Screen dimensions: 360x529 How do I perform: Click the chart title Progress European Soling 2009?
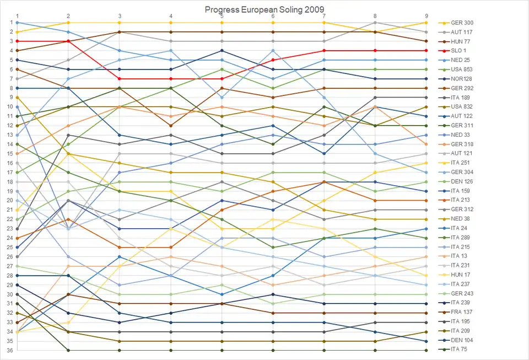(x=264, y=9)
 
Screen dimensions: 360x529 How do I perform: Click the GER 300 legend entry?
(x=462, y=23)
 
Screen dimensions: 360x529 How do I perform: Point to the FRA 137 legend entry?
(x=462, y=312)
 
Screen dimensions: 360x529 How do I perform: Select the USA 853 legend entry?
(x=462, y=69)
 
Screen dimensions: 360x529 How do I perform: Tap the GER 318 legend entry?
(x=462, y=144)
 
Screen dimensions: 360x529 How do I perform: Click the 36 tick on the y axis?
(x=10, y=351)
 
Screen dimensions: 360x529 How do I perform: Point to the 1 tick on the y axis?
(x=10, y=23)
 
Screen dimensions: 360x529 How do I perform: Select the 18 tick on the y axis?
(x=10, y=182)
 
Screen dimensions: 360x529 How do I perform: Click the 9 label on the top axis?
(x=427, y=16)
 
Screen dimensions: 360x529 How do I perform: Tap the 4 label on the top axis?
(x=171, y=16)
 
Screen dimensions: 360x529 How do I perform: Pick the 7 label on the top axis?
(x=324, y=16)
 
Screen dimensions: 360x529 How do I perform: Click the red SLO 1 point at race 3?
(x=120, y=79)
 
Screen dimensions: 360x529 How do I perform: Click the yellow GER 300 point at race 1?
(x=18, y=32)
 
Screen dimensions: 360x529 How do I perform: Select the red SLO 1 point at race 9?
(x=427, y=51)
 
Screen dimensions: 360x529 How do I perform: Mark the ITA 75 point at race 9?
(x=427, y=351)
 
